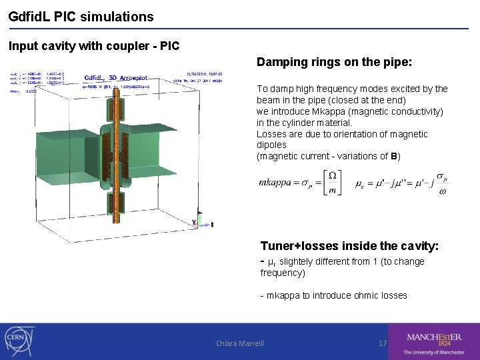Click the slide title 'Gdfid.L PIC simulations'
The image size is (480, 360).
coord(81,17)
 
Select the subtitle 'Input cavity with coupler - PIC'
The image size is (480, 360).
coord(94,47)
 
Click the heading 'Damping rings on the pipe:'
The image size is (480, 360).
coord(335,63)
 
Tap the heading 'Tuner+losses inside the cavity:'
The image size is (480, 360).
coord(349,246)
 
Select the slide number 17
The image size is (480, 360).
coord(383,343)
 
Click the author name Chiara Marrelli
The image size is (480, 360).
coord(240,343)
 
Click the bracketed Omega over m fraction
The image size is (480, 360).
coord(331,182)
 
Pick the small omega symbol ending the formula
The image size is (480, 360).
coord(442,192)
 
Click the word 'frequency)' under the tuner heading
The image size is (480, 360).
coord(283,273)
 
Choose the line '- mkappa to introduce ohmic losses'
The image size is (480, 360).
coord(333,295)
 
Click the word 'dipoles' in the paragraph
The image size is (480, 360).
coord(271,145)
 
